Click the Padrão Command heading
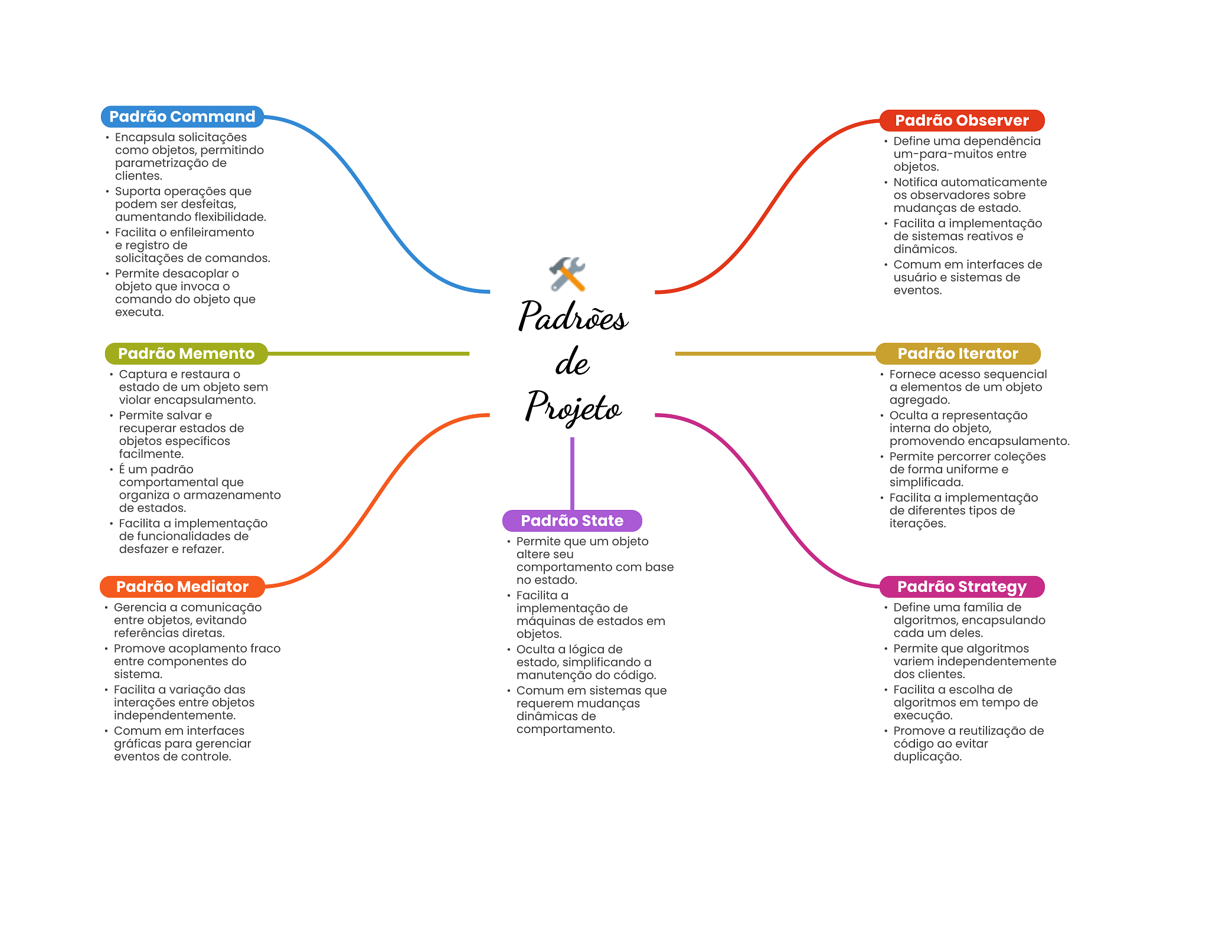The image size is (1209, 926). tap(182, 117)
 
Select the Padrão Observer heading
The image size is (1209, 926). tap(962, 120)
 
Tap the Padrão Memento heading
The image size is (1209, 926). tap(186, 354)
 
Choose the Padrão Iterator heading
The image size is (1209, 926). tap(958, 354)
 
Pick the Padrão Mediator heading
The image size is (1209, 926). tap(182, 587)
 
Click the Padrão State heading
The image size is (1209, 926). tap(571, 521)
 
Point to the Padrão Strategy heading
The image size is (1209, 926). tap(962, 587)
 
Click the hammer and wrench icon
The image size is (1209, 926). tap(567, 274)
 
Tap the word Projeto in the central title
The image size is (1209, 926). tap(573, 407)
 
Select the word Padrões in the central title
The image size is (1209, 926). tap(573, 317)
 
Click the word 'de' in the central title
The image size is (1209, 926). tap(572, 362)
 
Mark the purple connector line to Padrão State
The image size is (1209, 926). tap(572, 472)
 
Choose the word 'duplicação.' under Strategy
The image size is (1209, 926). tap(927, 757)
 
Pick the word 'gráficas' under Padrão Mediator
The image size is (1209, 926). tap(137, 744)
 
